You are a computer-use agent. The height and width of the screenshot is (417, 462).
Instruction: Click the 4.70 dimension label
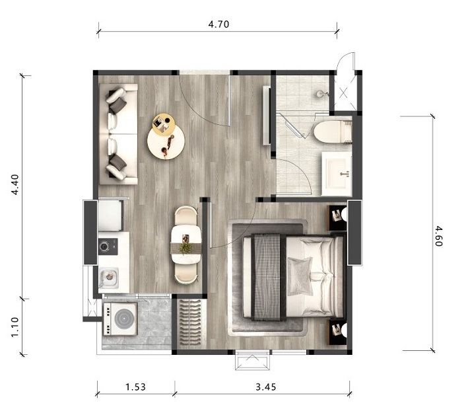coord(218,24)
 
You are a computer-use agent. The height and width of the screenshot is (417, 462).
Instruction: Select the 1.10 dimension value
coord(15,326)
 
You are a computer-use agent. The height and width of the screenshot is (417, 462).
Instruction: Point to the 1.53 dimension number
coord(135,387)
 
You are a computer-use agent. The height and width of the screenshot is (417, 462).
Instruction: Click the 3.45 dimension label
coord(266,387)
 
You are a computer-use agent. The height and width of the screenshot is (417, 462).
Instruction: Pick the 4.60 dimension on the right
coord(438,236)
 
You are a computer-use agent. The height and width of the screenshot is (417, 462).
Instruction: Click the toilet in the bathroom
coord(333,132)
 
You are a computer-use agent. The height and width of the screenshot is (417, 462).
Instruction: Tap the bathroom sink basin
coord(336,174)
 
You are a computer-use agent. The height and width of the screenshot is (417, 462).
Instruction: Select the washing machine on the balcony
coord(120,319)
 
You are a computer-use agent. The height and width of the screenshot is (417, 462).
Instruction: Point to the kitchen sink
coord(108,278)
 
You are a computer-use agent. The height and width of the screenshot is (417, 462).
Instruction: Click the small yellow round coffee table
coord(164,124)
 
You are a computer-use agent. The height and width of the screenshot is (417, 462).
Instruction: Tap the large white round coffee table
coord(166,142)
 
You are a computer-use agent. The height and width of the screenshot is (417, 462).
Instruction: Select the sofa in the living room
coord(118,134)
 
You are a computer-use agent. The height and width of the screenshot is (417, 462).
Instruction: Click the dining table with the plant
coord(186,245)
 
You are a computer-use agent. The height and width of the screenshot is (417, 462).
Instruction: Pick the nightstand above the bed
coord(337,218)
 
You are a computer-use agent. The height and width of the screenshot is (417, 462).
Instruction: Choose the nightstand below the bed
coord(337,332)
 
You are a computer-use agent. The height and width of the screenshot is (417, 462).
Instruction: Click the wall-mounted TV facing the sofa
coord(267,116)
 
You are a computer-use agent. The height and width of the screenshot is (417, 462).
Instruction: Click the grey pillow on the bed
coord(300,276)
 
